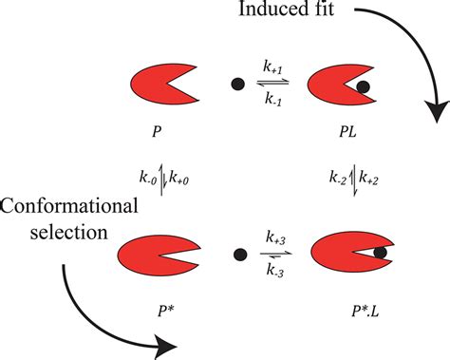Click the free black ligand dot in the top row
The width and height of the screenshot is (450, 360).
tap(235, 84)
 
